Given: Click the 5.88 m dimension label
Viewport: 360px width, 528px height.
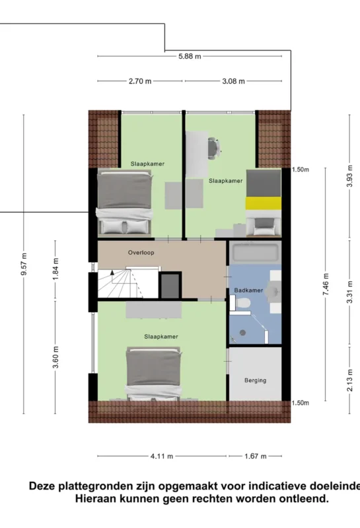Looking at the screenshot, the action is point(190,56).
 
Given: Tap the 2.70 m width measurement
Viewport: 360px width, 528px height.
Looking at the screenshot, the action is point(140,81).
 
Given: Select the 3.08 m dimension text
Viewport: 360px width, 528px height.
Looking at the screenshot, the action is point(233,81).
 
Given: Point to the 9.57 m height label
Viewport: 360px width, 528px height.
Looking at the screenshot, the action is point(24,263).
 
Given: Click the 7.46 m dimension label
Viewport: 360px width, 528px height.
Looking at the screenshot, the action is point(326,284).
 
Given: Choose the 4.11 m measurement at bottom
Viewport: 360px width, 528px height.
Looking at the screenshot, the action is point(162,456).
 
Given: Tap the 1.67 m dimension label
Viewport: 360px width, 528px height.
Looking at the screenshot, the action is point(255,456).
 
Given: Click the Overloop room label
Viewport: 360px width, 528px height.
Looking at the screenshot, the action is point(141,253).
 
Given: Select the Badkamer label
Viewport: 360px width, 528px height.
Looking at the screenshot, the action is point(248,290).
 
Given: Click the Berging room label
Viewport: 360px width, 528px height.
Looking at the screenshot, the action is point(255,381).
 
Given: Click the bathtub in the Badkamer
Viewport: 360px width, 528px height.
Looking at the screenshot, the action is point(255,253).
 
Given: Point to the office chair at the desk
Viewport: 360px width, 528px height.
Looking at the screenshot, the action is point(214,148).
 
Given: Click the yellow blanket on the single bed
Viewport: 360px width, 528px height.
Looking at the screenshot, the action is point(264,204).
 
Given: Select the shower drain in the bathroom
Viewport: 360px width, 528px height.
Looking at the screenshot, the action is point(242,333).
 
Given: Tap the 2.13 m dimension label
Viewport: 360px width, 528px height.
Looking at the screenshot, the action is point(350,381).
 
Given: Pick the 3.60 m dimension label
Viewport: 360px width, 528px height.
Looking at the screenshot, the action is point(55,357).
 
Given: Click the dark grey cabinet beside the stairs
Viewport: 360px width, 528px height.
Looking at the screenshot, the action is point(170,286).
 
